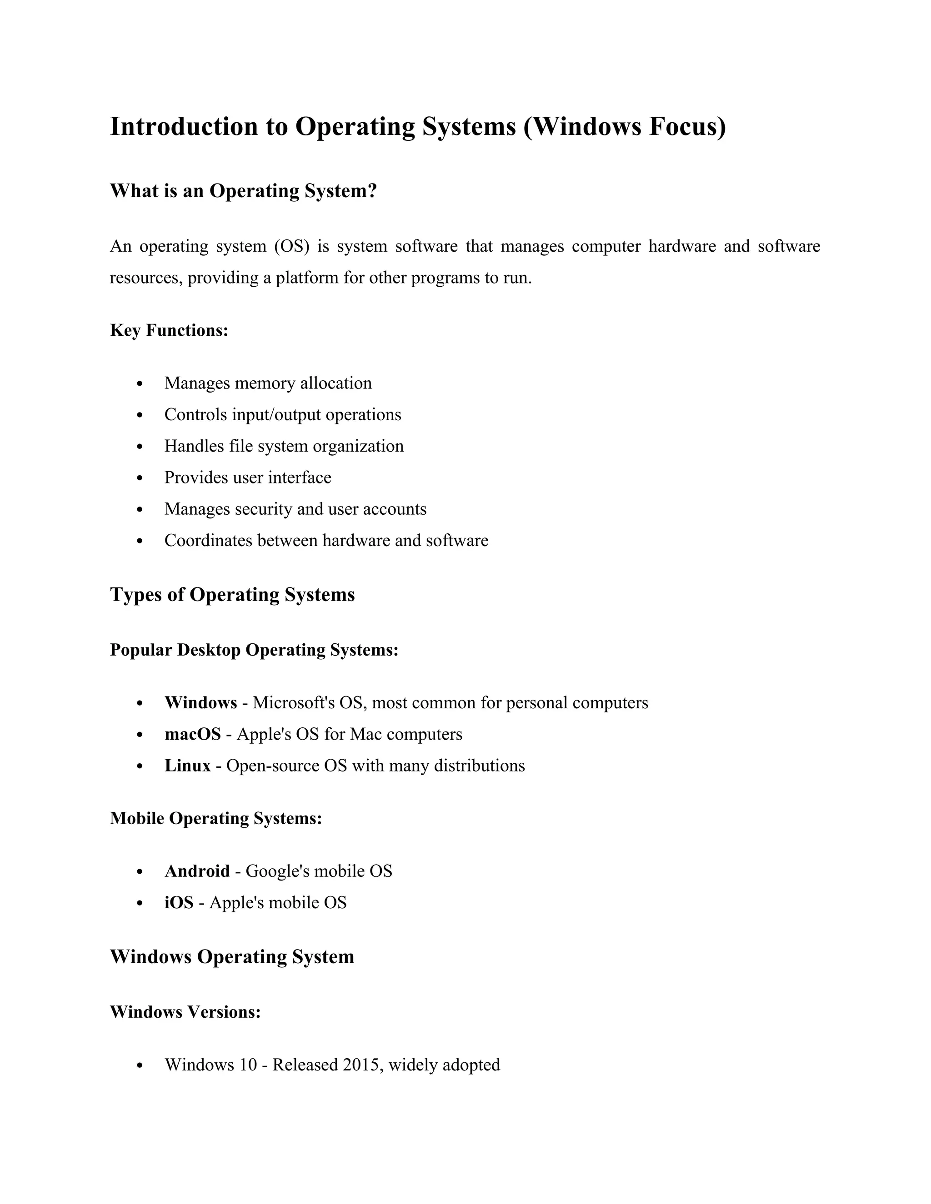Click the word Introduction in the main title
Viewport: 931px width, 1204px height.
point(184,126)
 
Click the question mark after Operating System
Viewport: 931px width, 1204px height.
point(372,191)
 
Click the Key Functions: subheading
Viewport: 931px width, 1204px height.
point(169,330)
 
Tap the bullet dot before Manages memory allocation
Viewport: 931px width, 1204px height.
point(140,384)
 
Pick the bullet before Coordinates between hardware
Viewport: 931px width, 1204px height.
point(140,541)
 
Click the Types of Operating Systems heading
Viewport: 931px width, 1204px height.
point(232,594)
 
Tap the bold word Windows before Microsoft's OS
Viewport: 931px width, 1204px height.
point(201,703)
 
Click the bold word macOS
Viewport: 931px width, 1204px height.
point(192,734)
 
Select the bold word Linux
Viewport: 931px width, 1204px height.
point(188,766)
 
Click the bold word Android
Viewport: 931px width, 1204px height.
point(197,871)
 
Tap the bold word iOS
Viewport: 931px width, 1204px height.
point(179,902)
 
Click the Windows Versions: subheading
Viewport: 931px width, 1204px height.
point(185,1012)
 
